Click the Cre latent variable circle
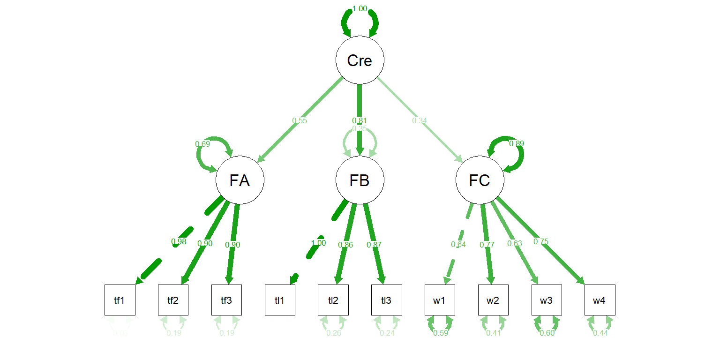click(360, 60)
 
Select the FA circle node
click(240, 180)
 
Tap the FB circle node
click(360, 180)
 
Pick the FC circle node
click(480, 180)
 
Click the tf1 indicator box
click(120, 300)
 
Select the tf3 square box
click(226, 300)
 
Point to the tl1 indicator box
click(280, 300)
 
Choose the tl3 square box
click(386, 300)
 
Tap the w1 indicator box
click(440, 300)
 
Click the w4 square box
click(600, 300)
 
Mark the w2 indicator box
click(493, 300)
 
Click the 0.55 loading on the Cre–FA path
click(300, 120)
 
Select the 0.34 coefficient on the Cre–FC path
click(420, 120)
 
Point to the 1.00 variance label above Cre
click(360, 8)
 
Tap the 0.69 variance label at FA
click(202, 143)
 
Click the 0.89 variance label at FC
click(517, 143)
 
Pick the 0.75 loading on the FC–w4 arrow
click(540, 242)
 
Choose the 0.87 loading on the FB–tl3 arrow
click(374, 244)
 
